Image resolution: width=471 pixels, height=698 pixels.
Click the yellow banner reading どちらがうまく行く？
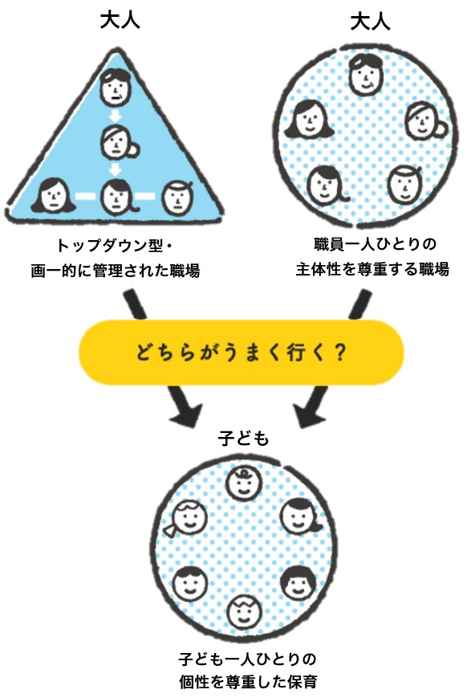pos(241,352)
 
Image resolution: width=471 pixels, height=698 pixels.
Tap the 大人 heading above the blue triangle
pos(120,20)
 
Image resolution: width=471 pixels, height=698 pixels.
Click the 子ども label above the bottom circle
pos(244,439)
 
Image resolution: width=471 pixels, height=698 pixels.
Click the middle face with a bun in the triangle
pos(117,142)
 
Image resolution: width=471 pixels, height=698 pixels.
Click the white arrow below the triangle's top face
pos(116,116)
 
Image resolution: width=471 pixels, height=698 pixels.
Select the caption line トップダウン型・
pos(115,245)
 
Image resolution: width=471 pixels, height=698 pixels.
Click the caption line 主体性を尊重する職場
pos(372,269)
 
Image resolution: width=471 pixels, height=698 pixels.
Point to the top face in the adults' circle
pos(366,75)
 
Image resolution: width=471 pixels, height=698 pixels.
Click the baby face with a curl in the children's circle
pos(243,484)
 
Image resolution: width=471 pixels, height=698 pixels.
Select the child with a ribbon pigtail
pos(187,518)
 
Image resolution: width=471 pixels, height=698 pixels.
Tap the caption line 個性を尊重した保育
pos(248,681)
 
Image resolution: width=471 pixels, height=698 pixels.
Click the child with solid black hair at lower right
pos(298,583)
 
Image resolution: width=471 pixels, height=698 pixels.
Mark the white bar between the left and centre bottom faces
pos(86,195)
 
